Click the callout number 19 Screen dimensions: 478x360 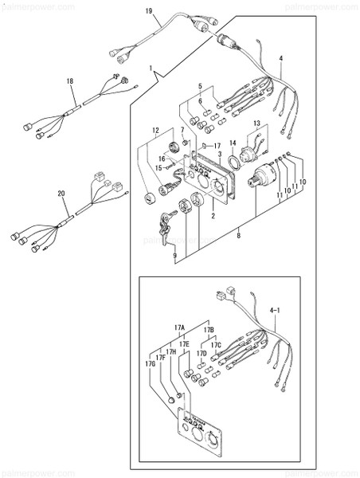pos(148,10)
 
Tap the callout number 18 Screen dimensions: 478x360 pos(69,81)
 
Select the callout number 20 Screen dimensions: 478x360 pos(61,194)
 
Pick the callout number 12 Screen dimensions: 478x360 pos(156,129)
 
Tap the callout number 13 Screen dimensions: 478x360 pos(256,123)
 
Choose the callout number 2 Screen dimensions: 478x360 pos(212,215)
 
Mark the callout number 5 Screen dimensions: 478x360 pos(201,86)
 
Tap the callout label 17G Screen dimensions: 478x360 pos(149,364)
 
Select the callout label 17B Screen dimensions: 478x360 pos(209,329)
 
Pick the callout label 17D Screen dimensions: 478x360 pos(202,353)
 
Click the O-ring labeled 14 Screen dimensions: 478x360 pos(228,163)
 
